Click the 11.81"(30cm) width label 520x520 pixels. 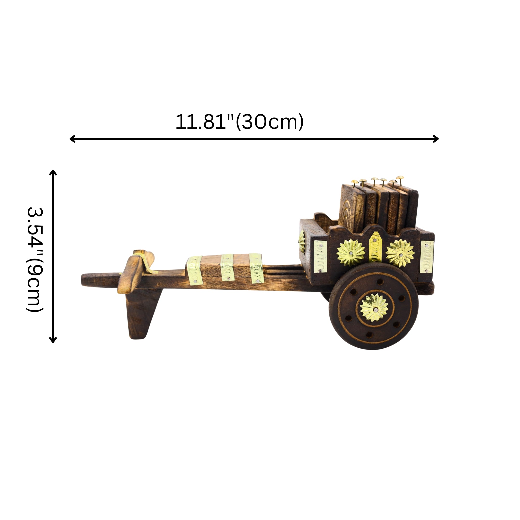coord(239,122)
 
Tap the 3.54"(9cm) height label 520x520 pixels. coord(35,260)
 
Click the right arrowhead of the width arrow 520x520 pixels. coord(436,139)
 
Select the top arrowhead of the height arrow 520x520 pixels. coord(53,172)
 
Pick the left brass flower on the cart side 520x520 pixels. coord(351,253)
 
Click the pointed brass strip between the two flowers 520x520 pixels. coord(375,247)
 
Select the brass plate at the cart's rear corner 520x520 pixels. coord(427,256)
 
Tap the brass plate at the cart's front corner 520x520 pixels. coord(320,256)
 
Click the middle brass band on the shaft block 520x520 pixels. coord(227,267)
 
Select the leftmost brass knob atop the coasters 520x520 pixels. coord(354,183)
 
